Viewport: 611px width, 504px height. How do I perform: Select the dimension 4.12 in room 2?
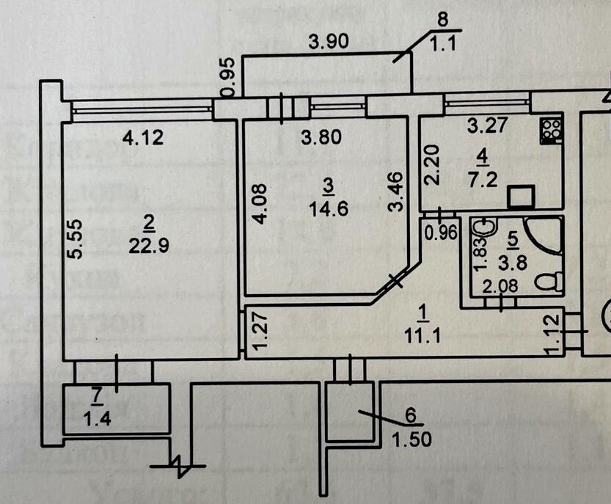pos(141,136)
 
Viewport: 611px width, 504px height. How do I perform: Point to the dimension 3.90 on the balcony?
pos(327,43)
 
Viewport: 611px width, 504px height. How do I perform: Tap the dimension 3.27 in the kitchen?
pos(486,125)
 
